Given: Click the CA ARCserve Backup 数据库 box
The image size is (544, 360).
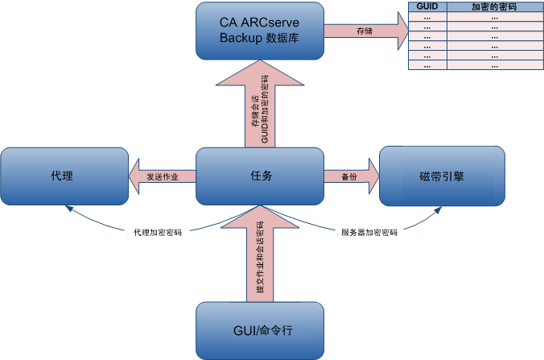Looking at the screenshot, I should (x=258, y=31).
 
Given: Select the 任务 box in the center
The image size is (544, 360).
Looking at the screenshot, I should (x=260, y=176).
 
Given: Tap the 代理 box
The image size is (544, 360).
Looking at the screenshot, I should (x=64, y=176).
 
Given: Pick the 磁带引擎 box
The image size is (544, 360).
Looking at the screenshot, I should (x=441, y=176).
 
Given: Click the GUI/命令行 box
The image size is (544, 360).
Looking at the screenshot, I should (x=260, y=330).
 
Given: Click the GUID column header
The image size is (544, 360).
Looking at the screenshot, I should (x=427, y=6).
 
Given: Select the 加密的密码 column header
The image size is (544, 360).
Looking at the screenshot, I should (x=494, y=6).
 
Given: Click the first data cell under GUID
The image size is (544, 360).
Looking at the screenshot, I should (x=427, y=16).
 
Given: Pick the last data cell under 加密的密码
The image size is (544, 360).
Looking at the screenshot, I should (x=494, y=65).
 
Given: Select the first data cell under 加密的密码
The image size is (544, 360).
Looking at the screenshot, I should (x=494, y=16).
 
